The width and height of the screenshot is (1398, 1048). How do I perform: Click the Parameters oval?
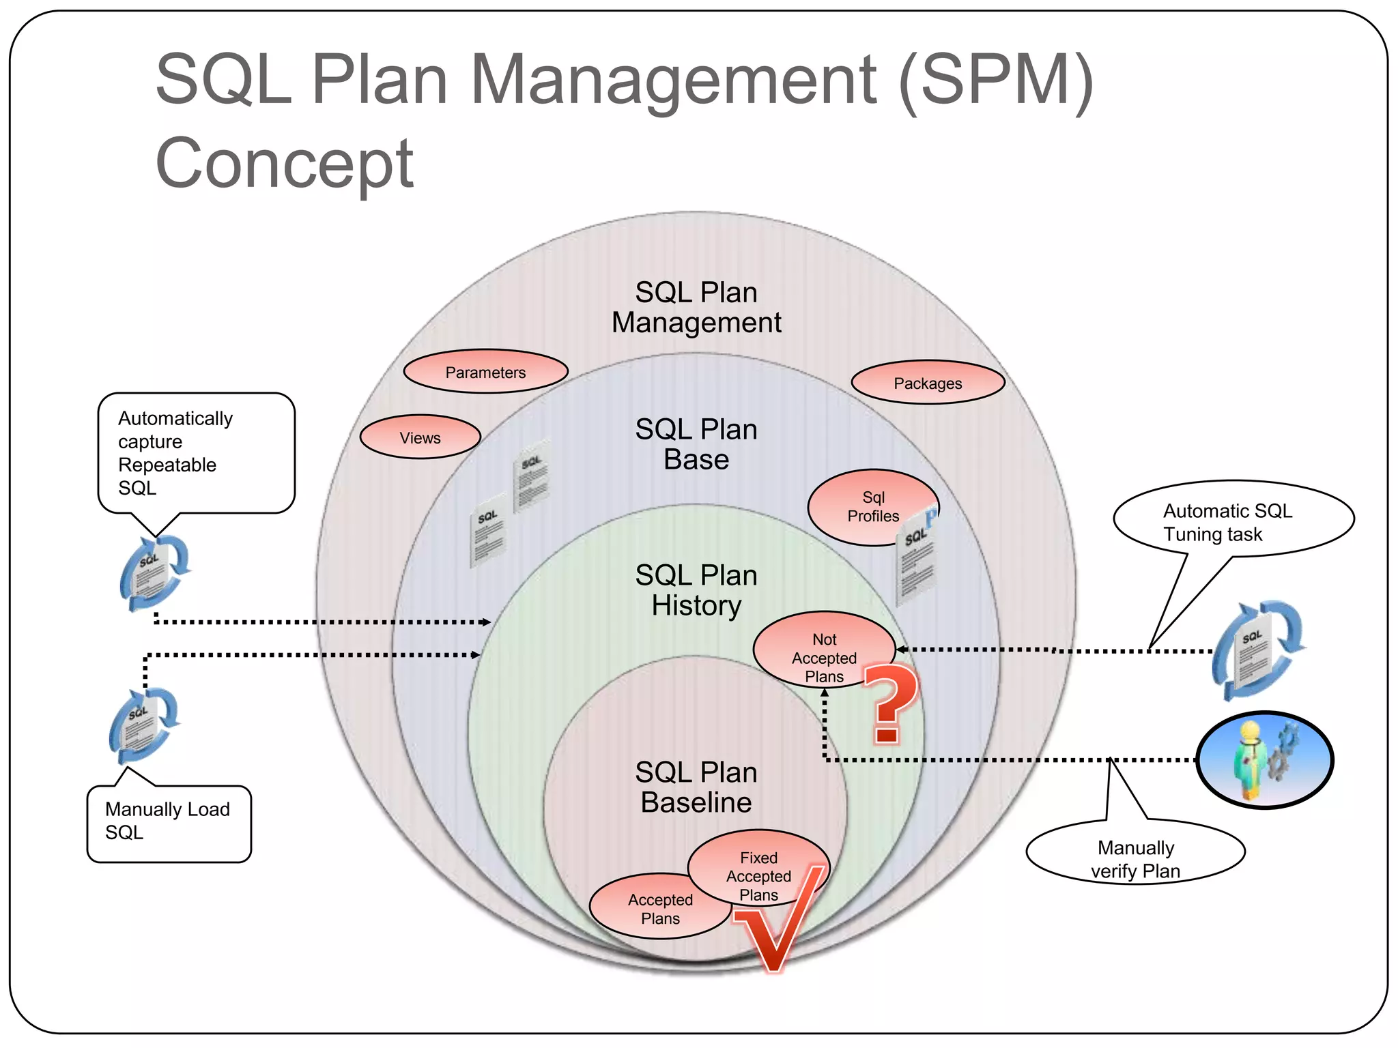click(x=485, y=372)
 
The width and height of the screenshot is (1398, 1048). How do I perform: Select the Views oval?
click(x=420, y=437)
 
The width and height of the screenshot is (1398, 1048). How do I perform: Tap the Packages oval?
click(x=928, y=383)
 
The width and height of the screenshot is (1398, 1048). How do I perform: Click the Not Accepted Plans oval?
click(x=824, y=650)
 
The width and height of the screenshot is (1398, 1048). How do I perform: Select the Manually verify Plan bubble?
click(x=1135, y=853)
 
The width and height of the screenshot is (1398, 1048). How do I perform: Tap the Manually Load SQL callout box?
click(x=169, y=822)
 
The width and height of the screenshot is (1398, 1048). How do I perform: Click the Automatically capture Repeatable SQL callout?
click(x=196, y=453)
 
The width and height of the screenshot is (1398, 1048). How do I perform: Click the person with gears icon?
click(x=1265, y=759)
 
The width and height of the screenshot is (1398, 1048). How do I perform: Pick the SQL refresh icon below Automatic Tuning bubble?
click(x=1257, y=650)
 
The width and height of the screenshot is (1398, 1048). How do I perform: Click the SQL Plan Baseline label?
click(x=696, y=787)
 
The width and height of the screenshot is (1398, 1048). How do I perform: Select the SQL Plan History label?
click(x=696, y=590)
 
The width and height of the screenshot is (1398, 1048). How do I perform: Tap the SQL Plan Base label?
click(x=696, y=444)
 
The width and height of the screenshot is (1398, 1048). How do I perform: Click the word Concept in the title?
click(x=284, y=164)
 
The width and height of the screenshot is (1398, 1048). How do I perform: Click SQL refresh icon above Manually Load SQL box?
click(x=144, y=725)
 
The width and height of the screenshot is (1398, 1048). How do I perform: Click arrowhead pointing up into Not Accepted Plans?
click(x=825, y=693)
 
